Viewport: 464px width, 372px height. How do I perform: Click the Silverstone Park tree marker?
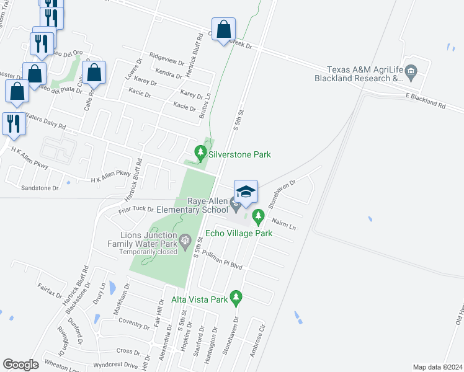click(x=200, y=152)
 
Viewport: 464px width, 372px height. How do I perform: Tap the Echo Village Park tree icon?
click(x=258, y=217)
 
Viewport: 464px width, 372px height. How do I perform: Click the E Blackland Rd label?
click(x=426, y=101)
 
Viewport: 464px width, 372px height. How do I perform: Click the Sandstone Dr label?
click(x=39, y=187)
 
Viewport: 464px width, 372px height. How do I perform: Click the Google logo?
click(x=20, y=365)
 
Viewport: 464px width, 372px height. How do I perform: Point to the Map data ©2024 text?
click(x=437, y=367)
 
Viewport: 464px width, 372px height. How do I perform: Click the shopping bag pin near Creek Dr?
click(x=223, y=29)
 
